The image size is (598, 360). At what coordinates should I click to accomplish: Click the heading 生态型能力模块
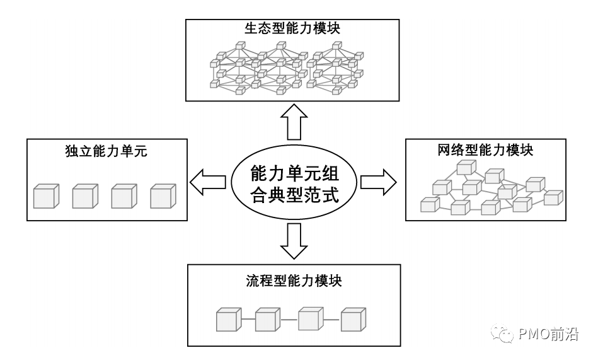292,29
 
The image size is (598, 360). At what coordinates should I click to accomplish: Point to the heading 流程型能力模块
294,281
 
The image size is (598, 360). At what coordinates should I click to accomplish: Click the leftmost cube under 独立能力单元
45,196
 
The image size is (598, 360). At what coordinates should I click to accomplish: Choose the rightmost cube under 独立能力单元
163,196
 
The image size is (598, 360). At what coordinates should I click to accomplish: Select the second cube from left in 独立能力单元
84,196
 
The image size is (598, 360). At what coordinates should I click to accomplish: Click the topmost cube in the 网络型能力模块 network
466,168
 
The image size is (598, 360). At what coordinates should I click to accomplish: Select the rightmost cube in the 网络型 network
553,197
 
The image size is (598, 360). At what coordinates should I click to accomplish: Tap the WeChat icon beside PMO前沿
505,334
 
